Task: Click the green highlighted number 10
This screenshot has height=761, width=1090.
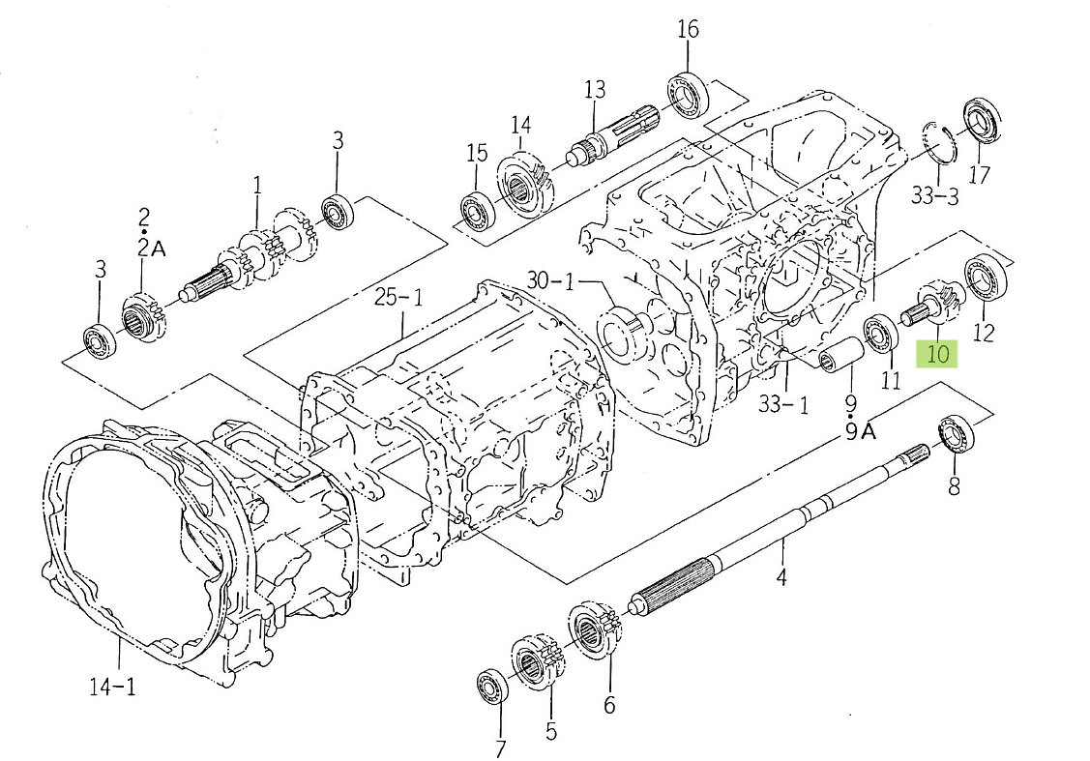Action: [938, 354]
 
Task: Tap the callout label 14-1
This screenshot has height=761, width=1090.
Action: [112, 688]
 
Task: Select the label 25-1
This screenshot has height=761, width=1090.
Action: [398, 298]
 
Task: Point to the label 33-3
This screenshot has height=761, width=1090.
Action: [935, 196]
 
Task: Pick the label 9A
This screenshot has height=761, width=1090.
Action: [861, 432]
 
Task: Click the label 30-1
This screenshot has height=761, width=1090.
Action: [550, 280]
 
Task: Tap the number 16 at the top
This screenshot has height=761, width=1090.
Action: [688, 29]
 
